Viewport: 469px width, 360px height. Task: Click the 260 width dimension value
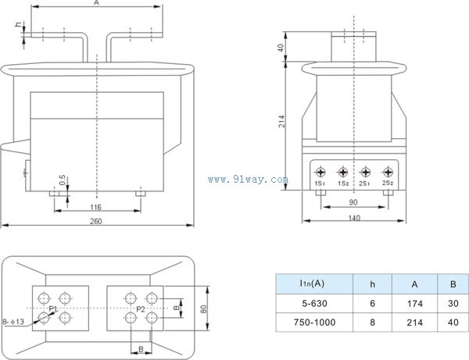point(95,222)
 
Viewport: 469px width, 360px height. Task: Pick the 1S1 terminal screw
point(320,172)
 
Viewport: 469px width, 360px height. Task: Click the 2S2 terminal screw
point(387,172)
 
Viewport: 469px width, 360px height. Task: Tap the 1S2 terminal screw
point(342,172)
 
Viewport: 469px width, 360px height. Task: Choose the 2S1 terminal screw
point(365,172)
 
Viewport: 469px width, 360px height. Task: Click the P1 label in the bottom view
point(53,310)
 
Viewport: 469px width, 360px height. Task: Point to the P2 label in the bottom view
point(141,310)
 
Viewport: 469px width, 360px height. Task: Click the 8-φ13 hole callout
point(15,321)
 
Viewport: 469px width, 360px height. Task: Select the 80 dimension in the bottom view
point(203,309)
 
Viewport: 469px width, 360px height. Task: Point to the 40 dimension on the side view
point(281,48)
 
